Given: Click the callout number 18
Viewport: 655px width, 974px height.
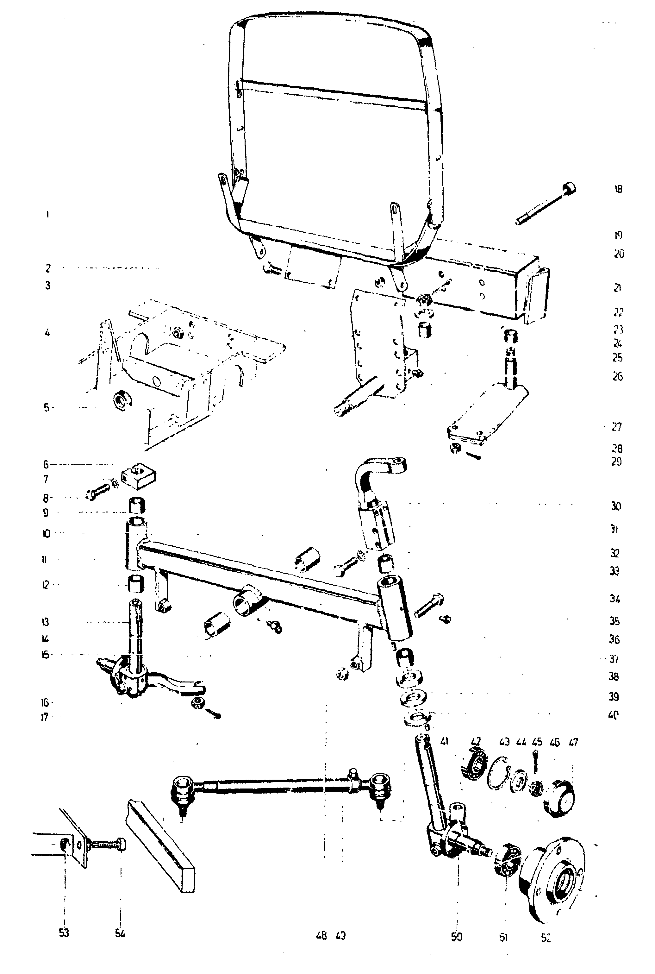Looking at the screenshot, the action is click(618, 189).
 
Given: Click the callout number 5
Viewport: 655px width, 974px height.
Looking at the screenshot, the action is click(47, 407).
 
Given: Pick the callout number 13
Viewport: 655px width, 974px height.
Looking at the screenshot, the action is click(46, 622).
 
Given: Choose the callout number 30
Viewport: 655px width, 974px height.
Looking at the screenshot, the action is click(616, 506).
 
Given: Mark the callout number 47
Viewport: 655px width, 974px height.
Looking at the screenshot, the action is click(574, 742).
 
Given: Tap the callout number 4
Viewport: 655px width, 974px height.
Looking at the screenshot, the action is click(47, 333).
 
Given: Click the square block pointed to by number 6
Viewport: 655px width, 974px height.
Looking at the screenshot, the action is click(138, 477).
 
